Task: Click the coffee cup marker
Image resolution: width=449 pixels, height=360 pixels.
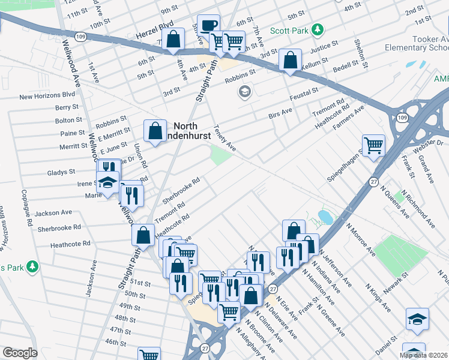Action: [209, 26]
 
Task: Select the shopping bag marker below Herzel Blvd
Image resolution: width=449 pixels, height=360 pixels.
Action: [173, 40]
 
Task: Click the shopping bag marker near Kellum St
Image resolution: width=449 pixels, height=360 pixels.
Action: [290, 61]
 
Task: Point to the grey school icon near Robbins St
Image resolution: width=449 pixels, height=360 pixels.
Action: [244, 91]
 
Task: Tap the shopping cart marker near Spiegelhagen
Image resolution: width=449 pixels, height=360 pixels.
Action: [373, 145]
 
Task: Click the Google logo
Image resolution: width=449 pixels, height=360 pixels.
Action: [20, 353]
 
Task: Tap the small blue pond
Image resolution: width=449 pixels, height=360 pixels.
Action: [325, 215]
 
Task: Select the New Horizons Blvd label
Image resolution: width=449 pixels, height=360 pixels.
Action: [47, 95]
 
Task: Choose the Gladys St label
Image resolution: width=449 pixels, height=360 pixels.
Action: [61, 172]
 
